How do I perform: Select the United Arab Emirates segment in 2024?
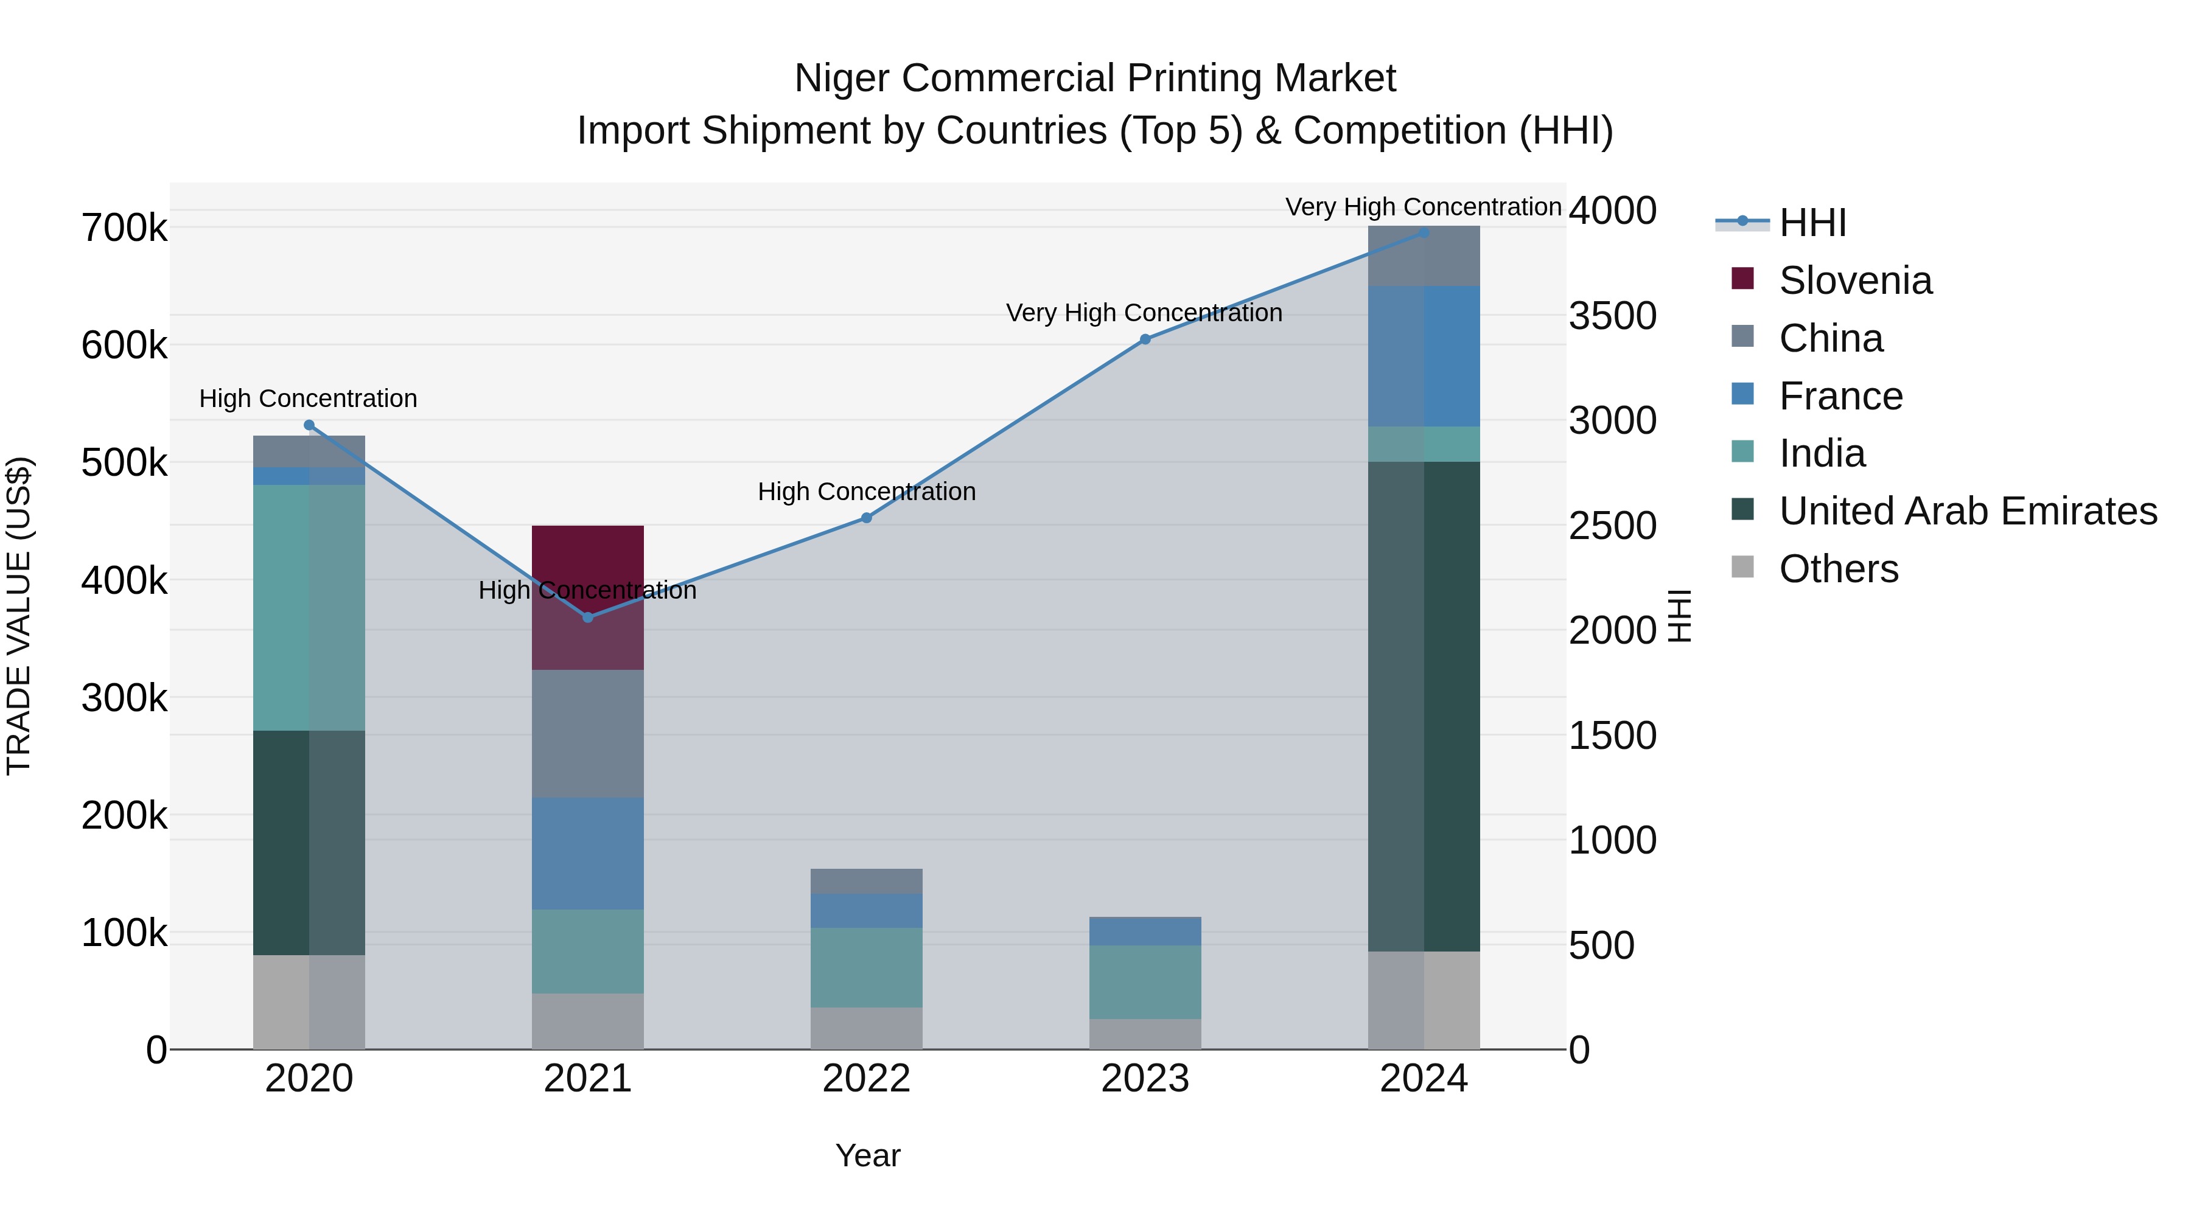(1423, 706)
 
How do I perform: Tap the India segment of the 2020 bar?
(309, 607)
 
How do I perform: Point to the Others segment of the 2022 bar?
(866, 1028)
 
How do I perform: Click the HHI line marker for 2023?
(1145, 339)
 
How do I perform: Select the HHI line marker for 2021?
(588, 618)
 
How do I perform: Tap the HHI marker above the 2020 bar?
(309, 425)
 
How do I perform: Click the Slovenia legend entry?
(1854, 280)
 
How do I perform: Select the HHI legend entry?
(1812, 223)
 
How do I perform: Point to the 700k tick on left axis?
(124, 228)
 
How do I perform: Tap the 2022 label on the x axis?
(866, 1079)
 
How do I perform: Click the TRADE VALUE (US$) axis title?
(19, 616)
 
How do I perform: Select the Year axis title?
(867, 1155)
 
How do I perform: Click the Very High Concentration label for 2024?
(1423, 207)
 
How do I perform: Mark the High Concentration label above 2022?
(866, 492)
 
